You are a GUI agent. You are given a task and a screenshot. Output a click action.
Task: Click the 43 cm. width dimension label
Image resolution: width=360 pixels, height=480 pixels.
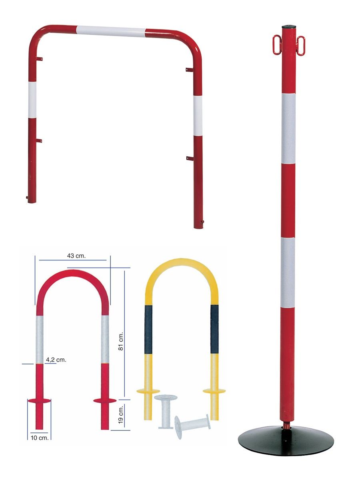[x=76, y=256]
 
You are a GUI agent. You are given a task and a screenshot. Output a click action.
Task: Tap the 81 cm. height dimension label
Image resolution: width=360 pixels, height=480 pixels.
[x=121, y=341]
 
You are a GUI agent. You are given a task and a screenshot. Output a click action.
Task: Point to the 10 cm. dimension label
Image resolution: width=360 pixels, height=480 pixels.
[x=40, y=438]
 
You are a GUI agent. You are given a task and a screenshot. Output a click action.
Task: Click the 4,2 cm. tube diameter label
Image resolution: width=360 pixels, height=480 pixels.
[x=56, y=360]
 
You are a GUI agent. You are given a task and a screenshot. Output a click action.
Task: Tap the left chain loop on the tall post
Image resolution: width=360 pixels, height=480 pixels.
[x=277, y=45]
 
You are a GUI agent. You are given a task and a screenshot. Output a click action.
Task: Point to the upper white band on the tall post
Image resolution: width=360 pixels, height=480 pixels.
[x=288, y=129]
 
